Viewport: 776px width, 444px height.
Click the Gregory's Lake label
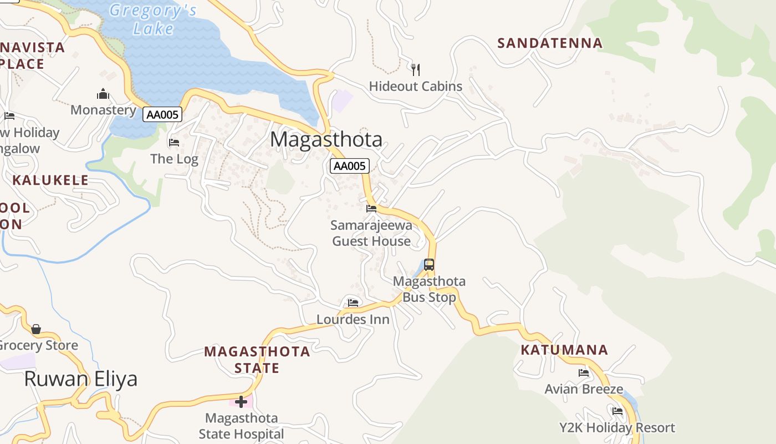[153, 19]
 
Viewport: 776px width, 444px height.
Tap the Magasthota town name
[326, 139]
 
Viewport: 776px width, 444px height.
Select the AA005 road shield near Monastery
[162, 115]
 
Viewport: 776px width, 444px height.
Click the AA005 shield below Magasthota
[350, 166]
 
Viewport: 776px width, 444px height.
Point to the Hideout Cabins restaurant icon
[416, 70]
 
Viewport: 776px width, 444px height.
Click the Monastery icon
[103, 94]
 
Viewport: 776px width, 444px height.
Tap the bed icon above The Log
[174, 143]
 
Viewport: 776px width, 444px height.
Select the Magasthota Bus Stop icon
[429, 265]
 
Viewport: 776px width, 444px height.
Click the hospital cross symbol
[241, 401]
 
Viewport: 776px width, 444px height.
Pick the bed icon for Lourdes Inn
[353, 303]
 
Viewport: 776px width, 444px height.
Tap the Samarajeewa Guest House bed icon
[371, 209]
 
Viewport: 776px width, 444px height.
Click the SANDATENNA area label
[549, 43]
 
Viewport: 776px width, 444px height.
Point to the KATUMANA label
[564, 350]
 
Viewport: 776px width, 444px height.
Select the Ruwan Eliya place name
[81, 379]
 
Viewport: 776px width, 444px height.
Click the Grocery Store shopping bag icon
[36, 330]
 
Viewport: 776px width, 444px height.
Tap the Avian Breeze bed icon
[584, 373]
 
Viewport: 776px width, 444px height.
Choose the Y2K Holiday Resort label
[617, 428]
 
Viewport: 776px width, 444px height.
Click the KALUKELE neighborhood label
[50, 180]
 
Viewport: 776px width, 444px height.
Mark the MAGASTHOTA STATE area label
[257, 359]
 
